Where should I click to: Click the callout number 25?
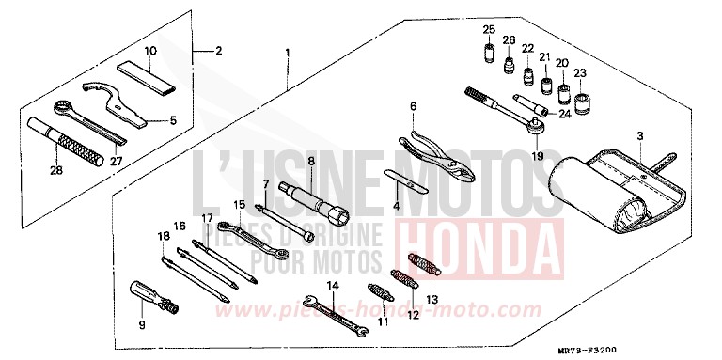[x=489, y=30]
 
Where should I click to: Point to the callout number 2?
[x=218, y=49]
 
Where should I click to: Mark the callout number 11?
[x=383, y=322]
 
